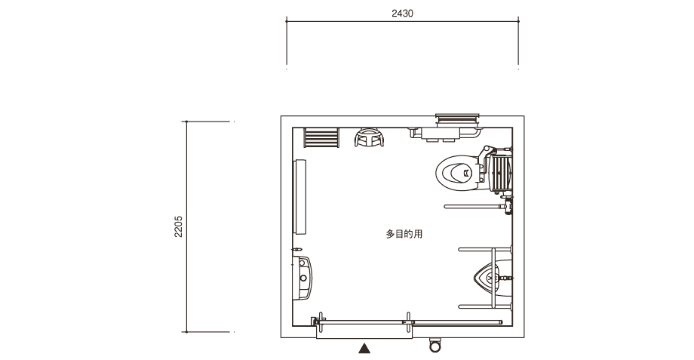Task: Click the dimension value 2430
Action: click(402, 14)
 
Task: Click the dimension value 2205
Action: click(178, 226)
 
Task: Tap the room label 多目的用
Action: click(404, 234)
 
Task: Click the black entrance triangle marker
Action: click(364, 349)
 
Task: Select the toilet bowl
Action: click(457, 172)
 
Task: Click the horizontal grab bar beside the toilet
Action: click(474, 206)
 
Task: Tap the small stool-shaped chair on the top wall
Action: click(369, 137)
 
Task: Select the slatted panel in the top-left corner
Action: click(321, 137)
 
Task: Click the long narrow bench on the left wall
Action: click(299, 197)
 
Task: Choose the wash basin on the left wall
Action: click(302, 278)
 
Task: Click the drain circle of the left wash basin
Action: click(303, 278)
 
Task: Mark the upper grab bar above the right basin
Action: click(485, 249)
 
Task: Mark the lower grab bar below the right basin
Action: click(485, 306)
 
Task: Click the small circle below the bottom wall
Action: click(435, 346)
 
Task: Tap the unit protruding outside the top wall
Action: click(457, 119)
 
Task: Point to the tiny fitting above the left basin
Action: click(297, 249)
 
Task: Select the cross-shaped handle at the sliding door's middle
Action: click(408, 322)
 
